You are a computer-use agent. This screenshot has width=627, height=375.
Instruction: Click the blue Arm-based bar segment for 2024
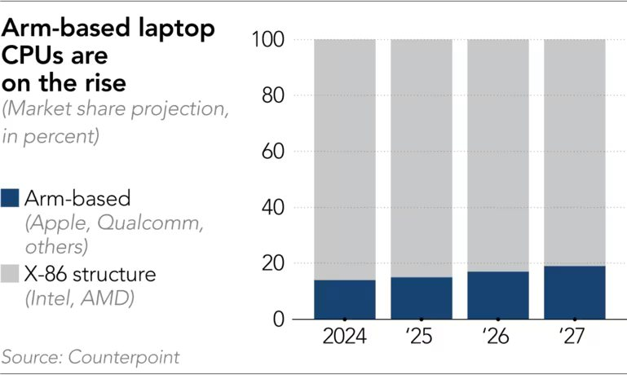[344, 299]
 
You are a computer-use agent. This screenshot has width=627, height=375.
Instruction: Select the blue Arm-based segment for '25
[421, 298]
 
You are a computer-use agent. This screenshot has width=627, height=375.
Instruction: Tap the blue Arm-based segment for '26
[497, 295]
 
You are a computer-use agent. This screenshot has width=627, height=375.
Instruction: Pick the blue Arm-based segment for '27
[574, 293]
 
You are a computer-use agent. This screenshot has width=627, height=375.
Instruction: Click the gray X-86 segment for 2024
[344, 159]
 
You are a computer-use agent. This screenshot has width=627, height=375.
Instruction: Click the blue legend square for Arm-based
[11, 198]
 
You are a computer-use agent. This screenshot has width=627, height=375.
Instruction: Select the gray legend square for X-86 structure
[11, 273]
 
